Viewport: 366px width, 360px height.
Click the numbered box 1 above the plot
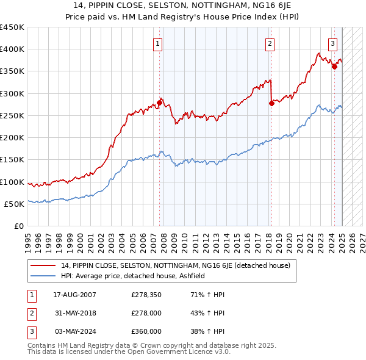[x=157, y=43]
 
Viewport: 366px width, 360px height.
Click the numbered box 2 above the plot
[x=269, y=43]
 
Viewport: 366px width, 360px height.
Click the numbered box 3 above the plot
[x=332, y=43]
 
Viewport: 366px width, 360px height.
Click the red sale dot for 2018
[x=272, y=103]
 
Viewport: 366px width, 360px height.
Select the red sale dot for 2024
[x=334, y=67]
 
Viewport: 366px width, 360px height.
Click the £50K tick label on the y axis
[x=13, y=204]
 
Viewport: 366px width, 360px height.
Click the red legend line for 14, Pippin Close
[x=43, y=265]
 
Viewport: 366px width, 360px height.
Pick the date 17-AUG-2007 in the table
[x=75, y=295]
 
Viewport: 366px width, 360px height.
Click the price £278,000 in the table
[x=146, y=314]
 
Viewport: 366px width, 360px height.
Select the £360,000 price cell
[x=146, y=331]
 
